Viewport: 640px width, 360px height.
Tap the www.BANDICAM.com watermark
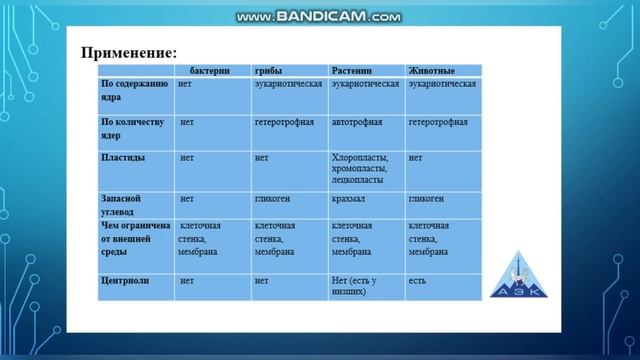[320, 17]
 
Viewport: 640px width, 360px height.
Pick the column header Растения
[352, 71]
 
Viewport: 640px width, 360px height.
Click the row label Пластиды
[123, 158]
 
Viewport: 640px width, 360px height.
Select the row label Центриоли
[126, 281]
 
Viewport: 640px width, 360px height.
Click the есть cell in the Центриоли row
[417, 281]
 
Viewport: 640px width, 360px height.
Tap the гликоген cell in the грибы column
[272, 199]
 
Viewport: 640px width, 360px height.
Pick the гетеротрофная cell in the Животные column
[438, 122]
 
